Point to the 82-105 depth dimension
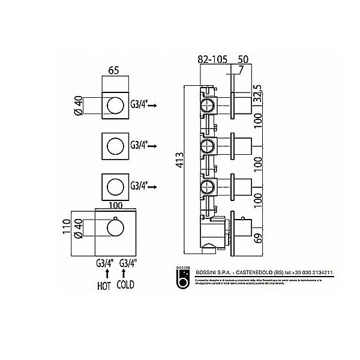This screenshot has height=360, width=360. click(x=211, y=59)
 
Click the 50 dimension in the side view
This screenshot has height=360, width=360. click(x=243, y=59)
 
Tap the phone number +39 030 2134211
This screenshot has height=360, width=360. click(x=312, y=273)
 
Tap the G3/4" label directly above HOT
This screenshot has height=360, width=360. click(x=104, y=263)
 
